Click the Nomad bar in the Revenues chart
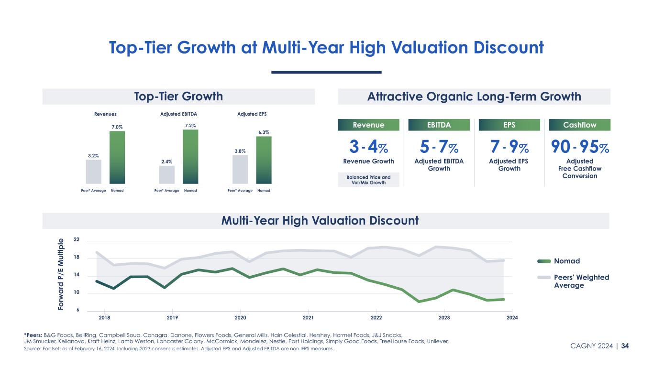(x=117, y=157)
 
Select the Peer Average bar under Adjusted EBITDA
(x=166, y=174)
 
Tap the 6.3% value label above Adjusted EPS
(x=264, y=131)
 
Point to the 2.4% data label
(x=166, y=162)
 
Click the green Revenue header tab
(x=368, y=125)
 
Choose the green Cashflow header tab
(x=580, y=125)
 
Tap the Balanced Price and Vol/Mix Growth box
(x=368, y=180)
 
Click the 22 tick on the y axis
(x=77, y=240)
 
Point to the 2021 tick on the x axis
(x=308, y=317)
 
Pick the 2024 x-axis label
(x=512, y=317)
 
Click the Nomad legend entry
(x=566, y=261)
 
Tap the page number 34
(x=625, y=345)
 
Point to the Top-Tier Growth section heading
(x=178, y=97)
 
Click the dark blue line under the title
(x=326, y=72)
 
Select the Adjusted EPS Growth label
(x=509, y=165)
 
